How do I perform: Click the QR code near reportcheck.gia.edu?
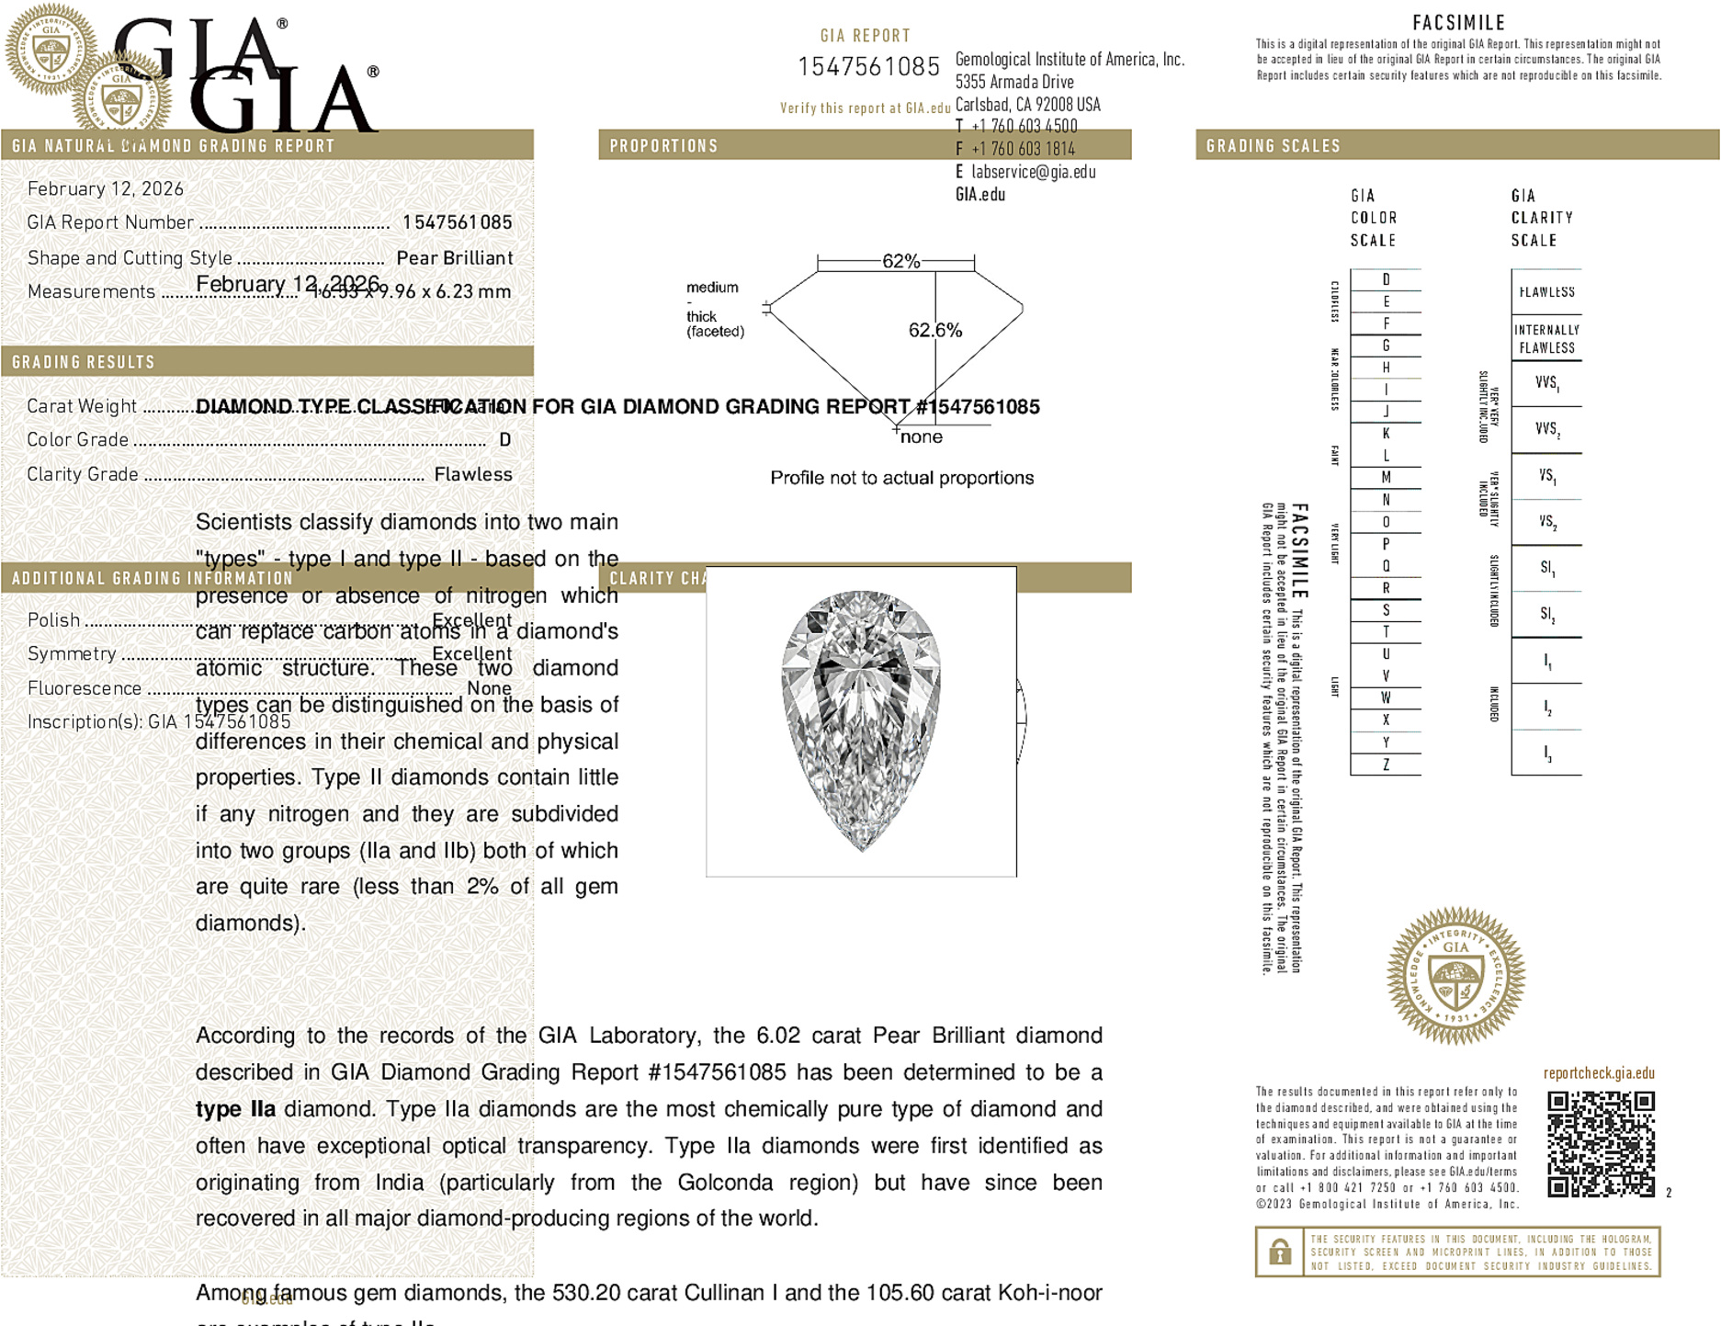(x=1600, y=1143)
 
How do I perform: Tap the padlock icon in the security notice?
(x=1279, y=1252)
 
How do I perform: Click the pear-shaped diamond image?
(x=861, y=720)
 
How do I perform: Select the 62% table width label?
(x=900, y=261)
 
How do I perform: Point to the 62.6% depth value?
(x=934, y=330)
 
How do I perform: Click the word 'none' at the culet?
(x=921, y=436)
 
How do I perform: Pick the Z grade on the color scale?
(x=1386, y=765)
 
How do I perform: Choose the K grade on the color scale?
(x=1386, y=434)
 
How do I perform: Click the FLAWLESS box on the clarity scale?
(x=1546, y=292)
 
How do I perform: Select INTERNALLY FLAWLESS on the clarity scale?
(x=1546, y=338)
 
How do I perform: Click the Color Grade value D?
(x=504, y=440)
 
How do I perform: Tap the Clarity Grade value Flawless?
(x=473, y=474)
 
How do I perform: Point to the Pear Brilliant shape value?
(x=454, y=258)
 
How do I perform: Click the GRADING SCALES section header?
(x=1273, y=145)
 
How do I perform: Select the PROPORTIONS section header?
(x=663, y=145)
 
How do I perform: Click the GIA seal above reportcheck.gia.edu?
(x=1455, y=975)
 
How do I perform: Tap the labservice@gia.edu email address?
(x=1033, y=172)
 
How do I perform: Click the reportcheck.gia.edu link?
(x=1599, y=1072)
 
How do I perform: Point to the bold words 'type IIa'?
(x=235, y=1109)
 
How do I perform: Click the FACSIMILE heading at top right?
(x=1458, y=22)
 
